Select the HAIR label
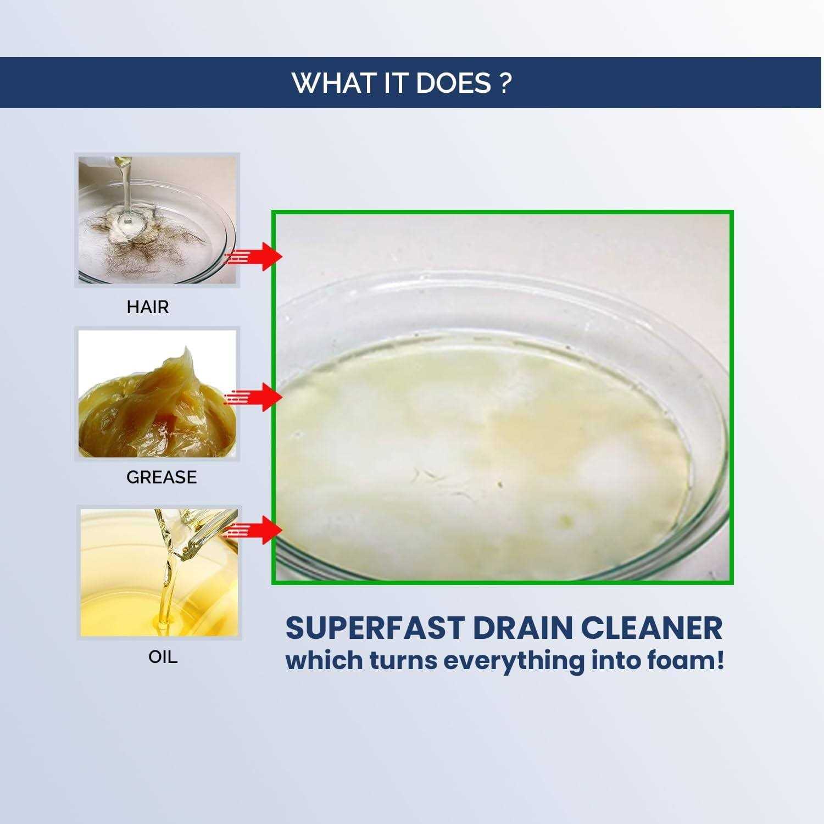point(148,307)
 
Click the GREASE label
point(162,477)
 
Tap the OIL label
point(163,657)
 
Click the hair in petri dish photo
point(157,220)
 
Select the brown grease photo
point(157,393)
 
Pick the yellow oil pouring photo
point(159,572)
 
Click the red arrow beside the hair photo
point(254,256)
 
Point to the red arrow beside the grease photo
point(254,397)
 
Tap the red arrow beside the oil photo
point(254,530)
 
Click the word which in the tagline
point(324,660)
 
